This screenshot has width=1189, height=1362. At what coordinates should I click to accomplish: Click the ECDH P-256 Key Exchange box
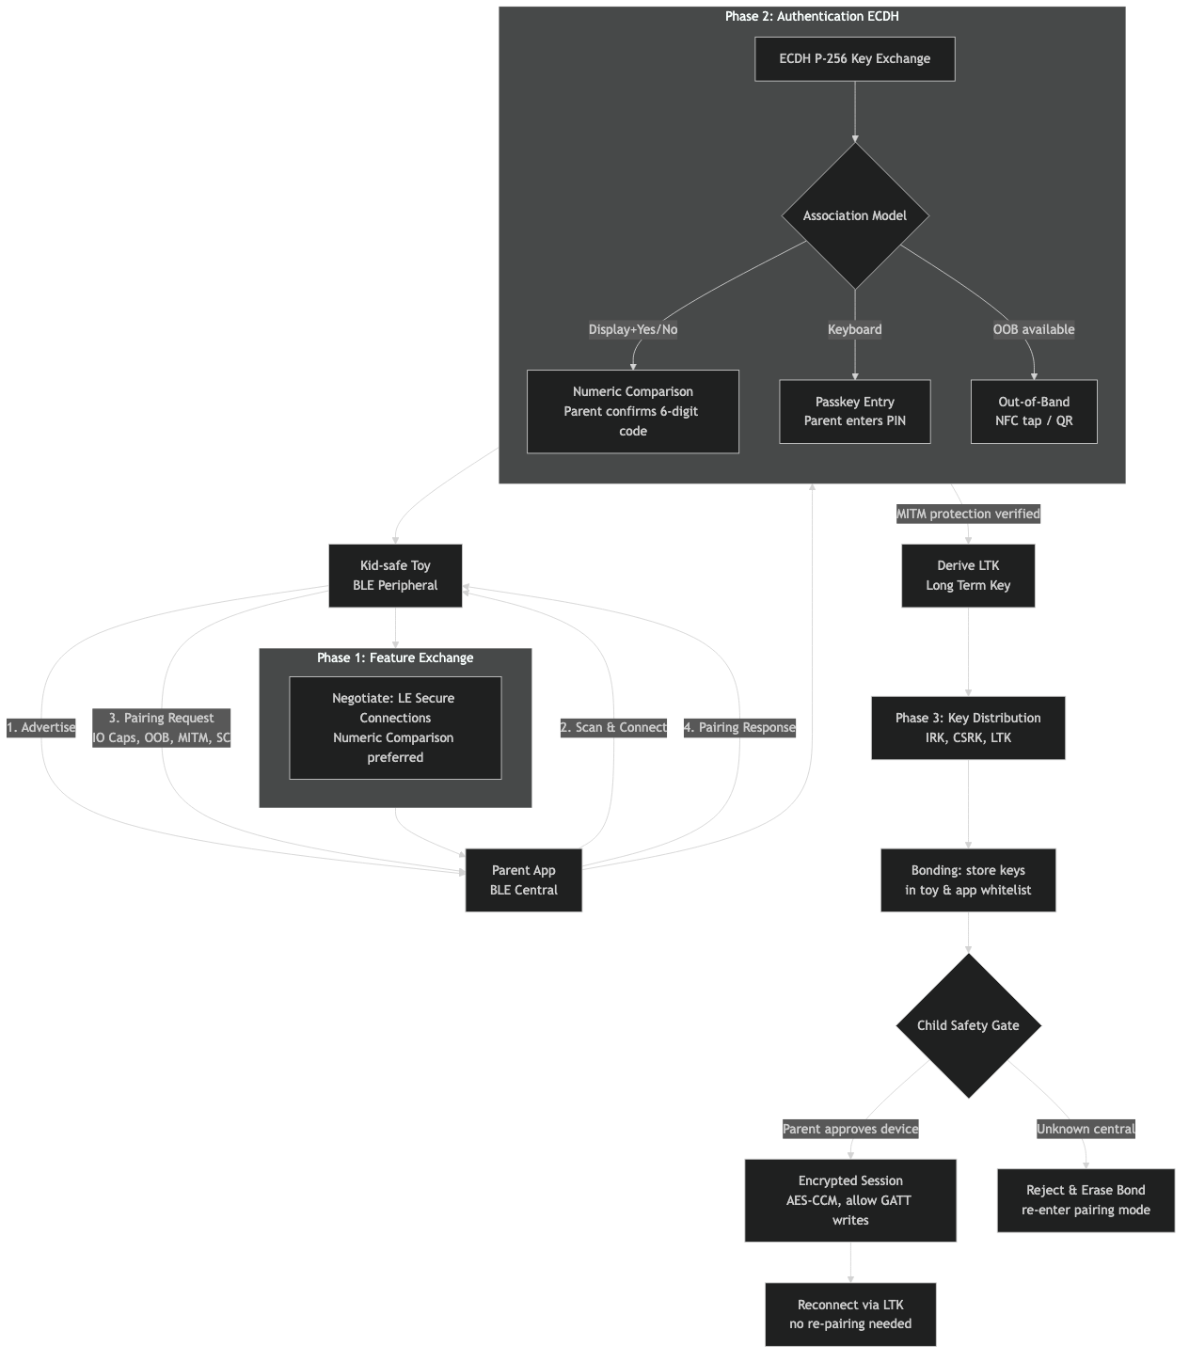(x=854, y=58)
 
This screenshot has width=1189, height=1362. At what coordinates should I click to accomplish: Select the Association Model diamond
(x=854, y=215)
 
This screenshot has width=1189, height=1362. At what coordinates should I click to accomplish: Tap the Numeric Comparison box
(x=632, y=411)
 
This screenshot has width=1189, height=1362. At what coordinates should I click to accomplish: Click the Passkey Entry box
(x=854, y=411)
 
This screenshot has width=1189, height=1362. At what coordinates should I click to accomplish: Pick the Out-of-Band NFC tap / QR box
(x=1033, y=411)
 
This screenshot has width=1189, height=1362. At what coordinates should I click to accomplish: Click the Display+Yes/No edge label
(x=632, y=329)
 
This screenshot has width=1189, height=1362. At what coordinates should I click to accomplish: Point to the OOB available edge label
(x=1033, y=329)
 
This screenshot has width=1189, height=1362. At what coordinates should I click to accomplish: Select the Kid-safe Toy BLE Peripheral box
(x=395, y=575)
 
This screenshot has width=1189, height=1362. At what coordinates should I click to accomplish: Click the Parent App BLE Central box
(x=523, y=879)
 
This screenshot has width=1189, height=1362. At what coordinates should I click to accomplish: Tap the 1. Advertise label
(x=41, y=727)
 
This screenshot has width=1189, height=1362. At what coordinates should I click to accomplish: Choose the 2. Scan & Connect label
(x=613, y=727)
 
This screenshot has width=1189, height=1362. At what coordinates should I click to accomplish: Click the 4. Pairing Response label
(x=739, y=727)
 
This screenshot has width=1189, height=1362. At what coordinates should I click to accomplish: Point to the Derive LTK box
(x=968, y=575)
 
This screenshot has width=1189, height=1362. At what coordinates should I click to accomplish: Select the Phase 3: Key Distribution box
(x=968, y=727)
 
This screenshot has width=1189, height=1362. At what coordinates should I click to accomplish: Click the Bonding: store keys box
(x=968, y=879)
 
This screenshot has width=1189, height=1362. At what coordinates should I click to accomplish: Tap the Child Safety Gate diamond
(x=968, y=1025)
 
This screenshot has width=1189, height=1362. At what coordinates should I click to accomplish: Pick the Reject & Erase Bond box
(x=1086, y=1199)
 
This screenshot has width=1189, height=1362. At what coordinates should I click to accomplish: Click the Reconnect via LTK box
(x=850, y=1313)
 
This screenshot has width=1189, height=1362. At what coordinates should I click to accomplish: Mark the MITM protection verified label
(x=968, y=514)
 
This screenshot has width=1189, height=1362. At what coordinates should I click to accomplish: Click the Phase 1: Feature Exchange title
(x=395, y=657)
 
